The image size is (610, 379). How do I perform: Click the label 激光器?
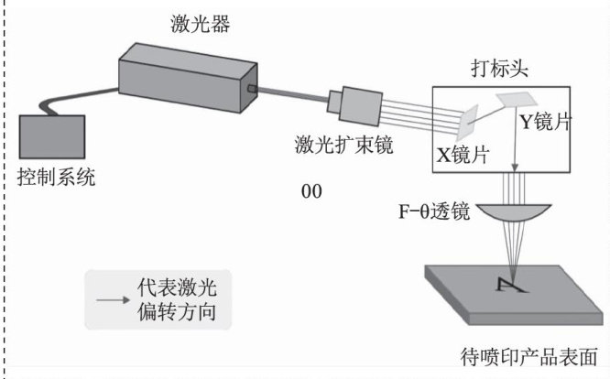[201, 23]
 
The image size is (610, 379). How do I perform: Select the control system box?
[52, 136]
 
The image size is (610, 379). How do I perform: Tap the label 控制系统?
[57, 178]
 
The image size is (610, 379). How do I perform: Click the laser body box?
[188, 78]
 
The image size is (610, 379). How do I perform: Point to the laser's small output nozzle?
[252, 89]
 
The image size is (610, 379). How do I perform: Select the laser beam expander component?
[354, 105]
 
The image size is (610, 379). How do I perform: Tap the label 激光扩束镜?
[343, 145]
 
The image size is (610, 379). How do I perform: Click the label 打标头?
[499, 69]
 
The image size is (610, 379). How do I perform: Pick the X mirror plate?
[468, 122]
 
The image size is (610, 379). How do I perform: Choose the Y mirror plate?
[517, 99]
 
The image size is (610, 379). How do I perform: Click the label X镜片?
[463, 155]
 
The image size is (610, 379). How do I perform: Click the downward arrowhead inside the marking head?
[515, 168]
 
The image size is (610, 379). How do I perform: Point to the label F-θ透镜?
[434, 211]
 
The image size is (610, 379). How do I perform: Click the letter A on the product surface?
[511, 285]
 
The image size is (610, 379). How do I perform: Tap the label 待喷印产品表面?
[528, 357]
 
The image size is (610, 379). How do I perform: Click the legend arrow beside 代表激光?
[114, 299]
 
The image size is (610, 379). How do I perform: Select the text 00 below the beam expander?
[311, 191]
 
